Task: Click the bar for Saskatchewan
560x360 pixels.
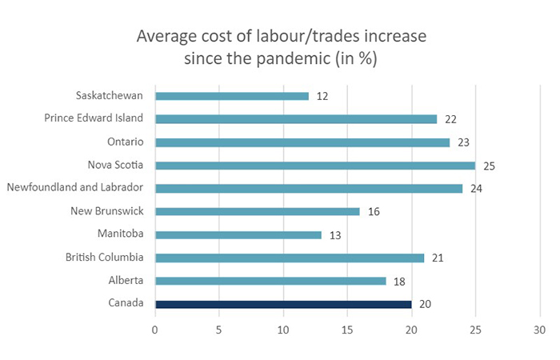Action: [x=231, y=96]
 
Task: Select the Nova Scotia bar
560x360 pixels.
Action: [x=314, y=166]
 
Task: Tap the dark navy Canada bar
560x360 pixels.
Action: [x=282, y=304]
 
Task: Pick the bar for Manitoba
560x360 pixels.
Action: [x=238, y=235]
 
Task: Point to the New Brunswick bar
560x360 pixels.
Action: [x=257, y=212]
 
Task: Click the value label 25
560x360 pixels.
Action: [x=488, y=166]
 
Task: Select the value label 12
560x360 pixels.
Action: [x=322, y=96]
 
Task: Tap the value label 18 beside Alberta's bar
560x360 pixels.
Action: [x=398, y=281]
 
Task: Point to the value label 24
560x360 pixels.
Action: [x=475, y=189]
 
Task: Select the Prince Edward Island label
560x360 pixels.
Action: [x=94, y=119]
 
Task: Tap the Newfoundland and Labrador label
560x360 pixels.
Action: [x=74, y=189]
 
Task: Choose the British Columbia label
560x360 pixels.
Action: [x=105, y=258]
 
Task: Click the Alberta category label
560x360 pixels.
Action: [x=125, y=281]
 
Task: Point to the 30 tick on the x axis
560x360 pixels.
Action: [x=540, y=329]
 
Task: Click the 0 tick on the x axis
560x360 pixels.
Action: [x=155, y=329]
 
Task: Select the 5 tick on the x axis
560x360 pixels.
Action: [x=219, y=329]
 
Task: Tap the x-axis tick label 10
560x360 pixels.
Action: [x=282, y=329]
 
